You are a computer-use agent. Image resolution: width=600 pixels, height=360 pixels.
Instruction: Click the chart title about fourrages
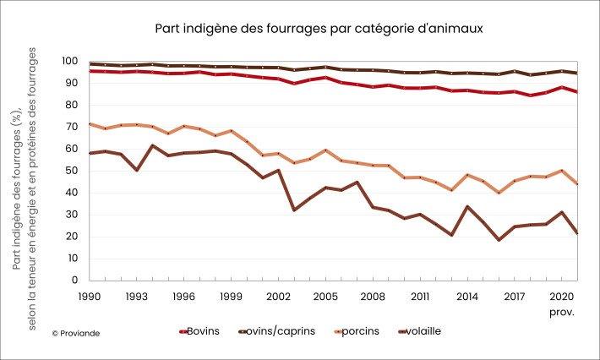(319, 29)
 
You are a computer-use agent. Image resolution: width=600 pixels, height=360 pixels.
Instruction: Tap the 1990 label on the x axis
(90, 297)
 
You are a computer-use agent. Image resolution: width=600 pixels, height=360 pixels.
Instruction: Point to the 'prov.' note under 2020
(562, 312)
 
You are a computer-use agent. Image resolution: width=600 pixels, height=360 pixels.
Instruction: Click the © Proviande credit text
(76, 334)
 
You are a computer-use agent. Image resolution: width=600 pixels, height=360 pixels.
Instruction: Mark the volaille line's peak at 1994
(152, 145)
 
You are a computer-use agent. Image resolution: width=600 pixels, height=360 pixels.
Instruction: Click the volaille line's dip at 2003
(294, 210)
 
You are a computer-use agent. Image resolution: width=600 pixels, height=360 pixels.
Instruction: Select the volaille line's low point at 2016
(499, 240)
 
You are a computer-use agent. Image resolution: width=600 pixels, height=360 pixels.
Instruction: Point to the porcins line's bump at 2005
(325, 150)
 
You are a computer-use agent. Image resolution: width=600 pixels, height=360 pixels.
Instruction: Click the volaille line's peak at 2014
(467, 206)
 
